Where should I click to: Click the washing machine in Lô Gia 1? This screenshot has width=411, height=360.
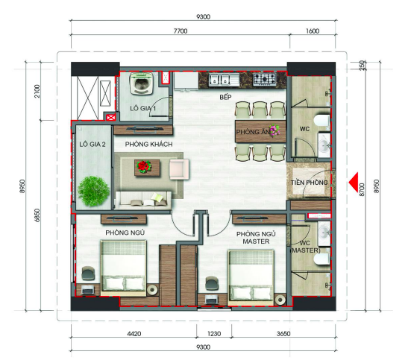[x=142, y=83]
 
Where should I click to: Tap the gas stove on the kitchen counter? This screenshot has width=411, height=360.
[x=265, y=79]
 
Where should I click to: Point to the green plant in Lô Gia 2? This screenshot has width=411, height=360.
[x=93, y=192]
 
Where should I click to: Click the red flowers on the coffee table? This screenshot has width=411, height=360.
[x=143, y=166]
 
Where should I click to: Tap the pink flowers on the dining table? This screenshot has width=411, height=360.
[x=274, y=130]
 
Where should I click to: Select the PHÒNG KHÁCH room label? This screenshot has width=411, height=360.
[x=148, y=145]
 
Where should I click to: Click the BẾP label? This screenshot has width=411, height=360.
[x=226, y=97]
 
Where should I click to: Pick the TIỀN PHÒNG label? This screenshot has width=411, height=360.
[x=310, y=183]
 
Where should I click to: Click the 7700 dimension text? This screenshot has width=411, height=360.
[x=181, y=31]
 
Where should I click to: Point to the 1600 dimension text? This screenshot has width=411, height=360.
[x=313, y=31]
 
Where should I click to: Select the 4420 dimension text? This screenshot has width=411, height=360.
[x=134, y=334]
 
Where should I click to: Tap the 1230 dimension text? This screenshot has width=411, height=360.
[x=214, y=334]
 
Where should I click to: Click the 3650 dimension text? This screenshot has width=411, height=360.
[x=283, y=334]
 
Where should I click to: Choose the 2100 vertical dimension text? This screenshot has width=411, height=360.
[x=37, y=92]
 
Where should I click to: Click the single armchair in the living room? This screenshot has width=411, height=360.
[x=179, y=169]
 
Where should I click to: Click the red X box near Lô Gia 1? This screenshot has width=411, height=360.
[x=110, y=118]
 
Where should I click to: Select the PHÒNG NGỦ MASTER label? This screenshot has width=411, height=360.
[x=256, y=238]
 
